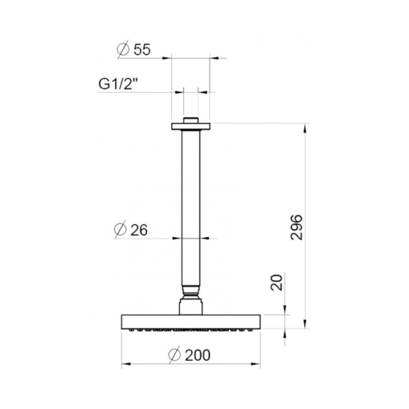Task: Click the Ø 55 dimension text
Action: tap(133, 50)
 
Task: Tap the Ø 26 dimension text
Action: tap(132, 231)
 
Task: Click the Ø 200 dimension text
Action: tap(189, 355)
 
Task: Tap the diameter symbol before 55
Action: tap(123, 50)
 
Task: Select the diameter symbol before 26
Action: tap(122, 231)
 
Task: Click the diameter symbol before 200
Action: tap(176, 355)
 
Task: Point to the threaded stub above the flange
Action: tap(190, 120)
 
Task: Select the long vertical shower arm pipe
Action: tap(190, 208)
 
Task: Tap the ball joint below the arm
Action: tap(190, 293)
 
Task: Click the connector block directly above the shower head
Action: tap(190, 306)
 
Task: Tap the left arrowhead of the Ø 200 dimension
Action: tap(124, 364)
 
